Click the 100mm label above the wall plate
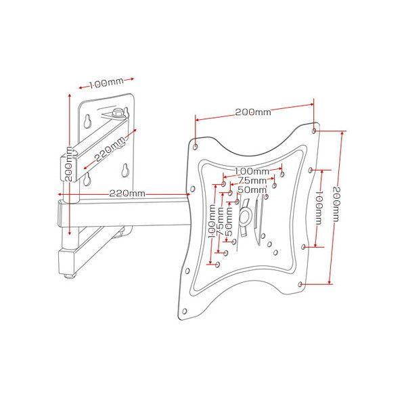(106, 83)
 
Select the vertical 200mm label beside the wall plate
(68, 164)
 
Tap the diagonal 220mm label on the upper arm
(110, 150)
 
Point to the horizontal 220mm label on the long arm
(127, 194)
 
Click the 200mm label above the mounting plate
(253, 112)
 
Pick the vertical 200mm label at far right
(336, 204)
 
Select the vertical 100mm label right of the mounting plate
(319, 208)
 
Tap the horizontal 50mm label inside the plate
(252, 189)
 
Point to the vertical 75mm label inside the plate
(221, 221)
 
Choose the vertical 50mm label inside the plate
(229, 222)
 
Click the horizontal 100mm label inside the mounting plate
(252, 171)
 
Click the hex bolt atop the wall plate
(118, 113)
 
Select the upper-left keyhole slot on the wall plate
(87, 121)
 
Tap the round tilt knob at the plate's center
(245, 216)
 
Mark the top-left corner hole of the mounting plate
(196, 147)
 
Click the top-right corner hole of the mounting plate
(314, 131)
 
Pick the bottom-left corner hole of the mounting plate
(184, 311)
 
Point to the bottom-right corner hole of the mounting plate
(300, 284)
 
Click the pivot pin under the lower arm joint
(70, 275)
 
